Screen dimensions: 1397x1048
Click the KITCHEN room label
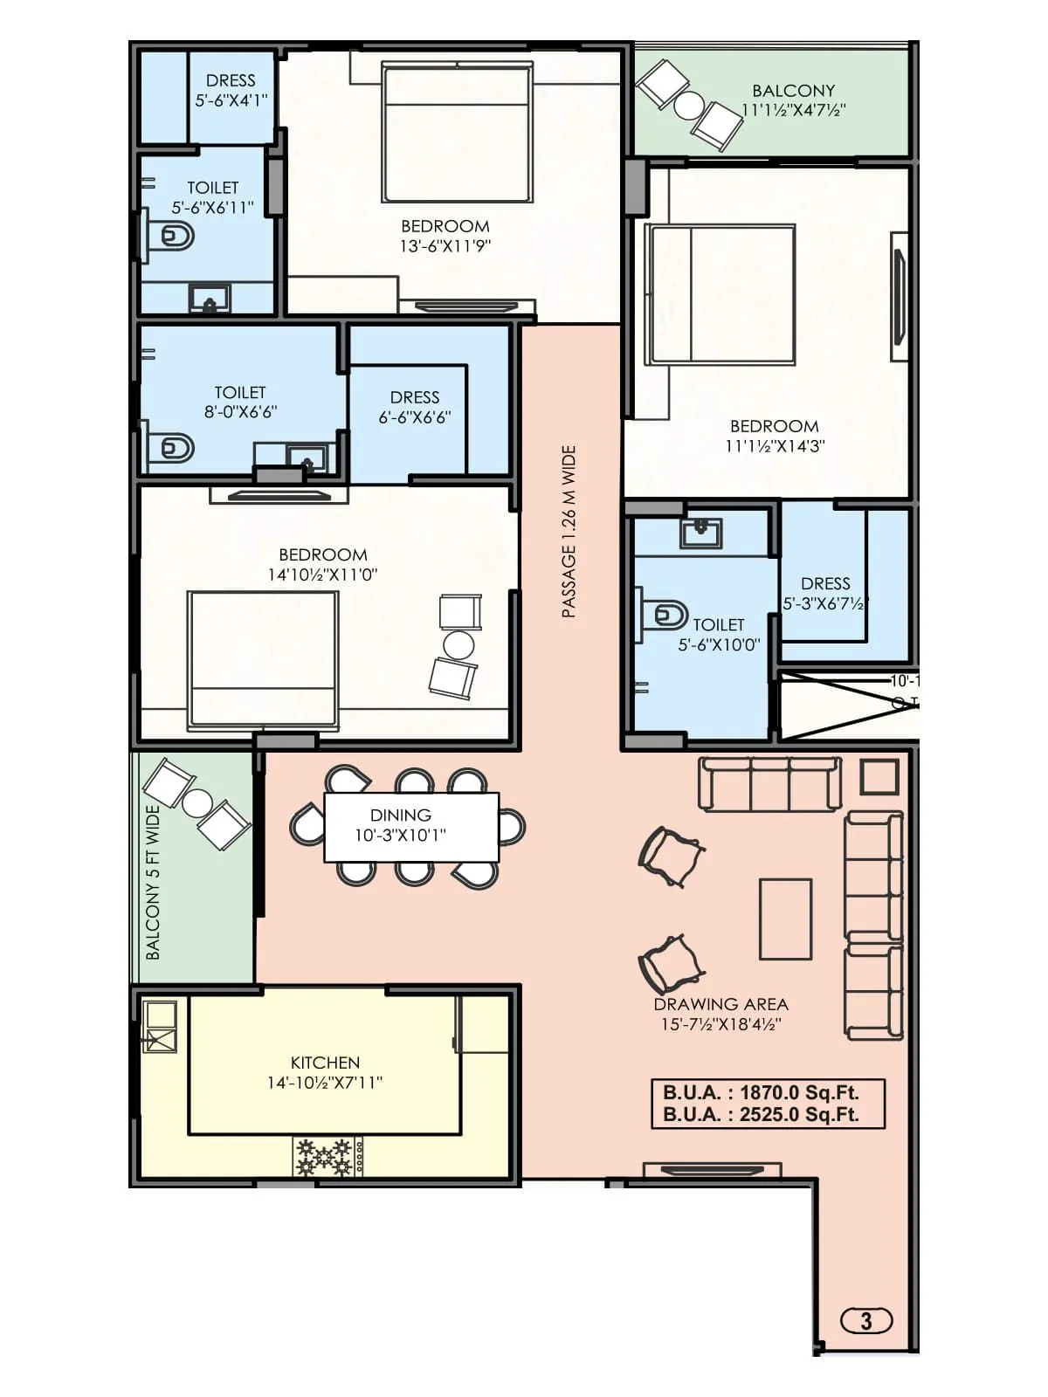[325, 1063]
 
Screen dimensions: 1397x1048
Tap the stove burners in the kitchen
[324, 1157]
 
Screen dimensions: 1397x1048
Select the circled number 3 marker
[865, 1320]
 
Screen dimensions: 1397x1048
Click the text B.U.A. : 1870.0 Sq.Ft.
[761, 1092]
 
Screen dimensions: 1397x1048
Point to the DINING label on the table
[400, 815]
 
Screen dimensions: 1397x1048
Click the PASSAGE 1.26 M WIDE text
[569, 532]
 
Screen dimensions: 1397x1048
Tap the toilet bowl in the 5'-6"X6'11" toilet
[175, 236]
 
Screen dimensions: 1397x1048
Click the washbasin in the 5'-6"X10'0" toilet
[700, 532]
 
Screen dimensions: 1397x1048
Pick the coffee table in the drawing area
[785, 919]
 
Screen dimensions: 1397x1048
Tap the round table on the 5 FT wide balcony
[197, 802]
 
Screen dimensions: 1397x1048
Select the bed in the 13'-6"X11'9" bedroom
[458, 133]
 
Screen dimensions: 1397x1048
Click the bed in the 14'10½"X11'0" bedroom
[263, 660]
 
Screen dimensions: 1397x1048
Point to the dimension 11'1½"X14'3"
[775, 445]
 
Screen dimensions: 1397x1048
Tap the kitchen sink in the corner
[161, 1026]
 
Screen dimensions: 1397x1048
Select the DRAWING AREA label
[720, 1004]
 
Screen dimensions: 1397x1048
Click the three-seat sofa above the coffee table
[769, 783]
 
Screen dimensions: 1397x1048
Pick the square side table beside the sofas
[879, 776]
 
